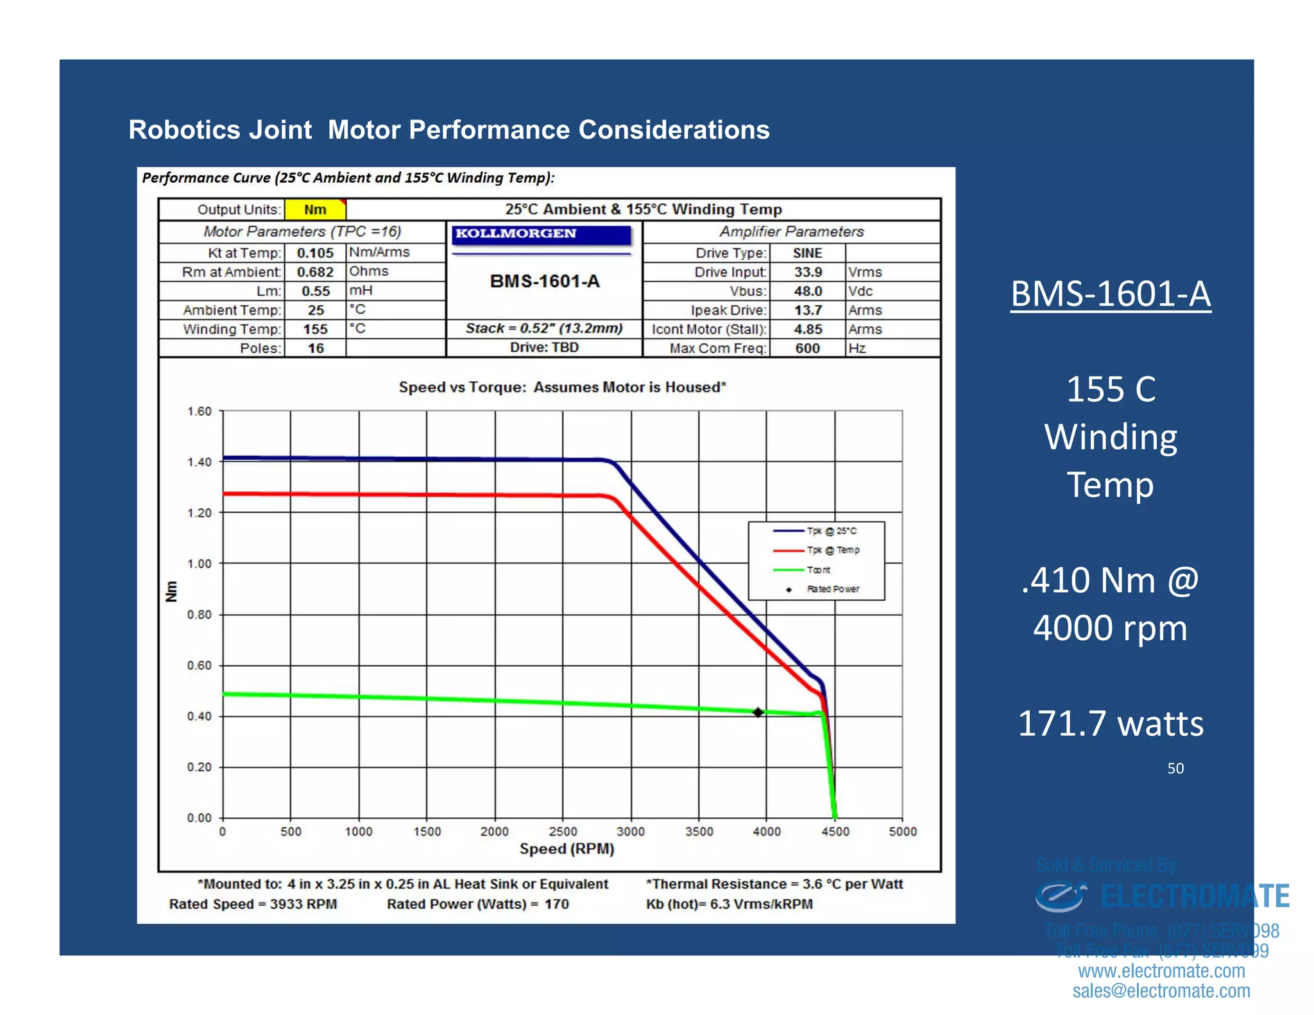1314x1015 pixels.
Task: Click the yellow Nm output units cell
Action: point(315,210)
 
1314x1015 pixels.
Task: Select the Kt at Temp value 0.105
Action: point(315,253)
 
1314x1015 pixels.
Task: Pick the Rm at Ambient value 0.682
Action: point(315,272)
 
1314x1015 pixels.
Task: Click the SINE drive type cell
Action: point(807,253)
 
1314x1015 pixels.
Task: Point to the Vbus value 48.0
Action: point(808,291)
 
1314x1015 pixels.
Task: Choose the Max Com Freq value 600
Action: point(807,348)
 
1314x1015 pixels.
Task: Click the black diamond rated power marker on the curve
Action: point(758,712)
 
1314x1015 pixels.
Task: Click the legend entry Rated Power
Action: point(833,589)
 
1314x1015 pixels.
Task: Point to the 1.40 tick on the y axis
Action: point(200,462)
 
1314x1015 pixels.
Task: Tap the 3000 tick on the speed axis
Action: point(631,832)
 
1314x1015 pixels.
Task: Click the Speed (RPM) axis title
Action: point(567,849)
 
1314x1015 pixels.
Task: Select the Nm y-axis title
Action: point(171,591)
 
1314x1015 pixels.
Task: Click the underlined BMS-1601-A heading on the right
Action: point(1111,294)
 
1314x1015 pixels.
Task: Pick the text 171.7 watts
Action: point(1111,724)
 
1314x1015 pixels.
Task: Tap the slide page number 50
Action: point(1175,769)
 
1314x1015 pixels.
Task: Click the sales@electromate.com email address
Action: point(1161,991)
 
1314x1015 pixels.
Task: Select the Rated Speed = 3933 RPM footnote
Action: point(253,904)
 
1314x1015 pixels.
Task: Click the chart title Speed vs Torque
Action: point(562,388)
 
